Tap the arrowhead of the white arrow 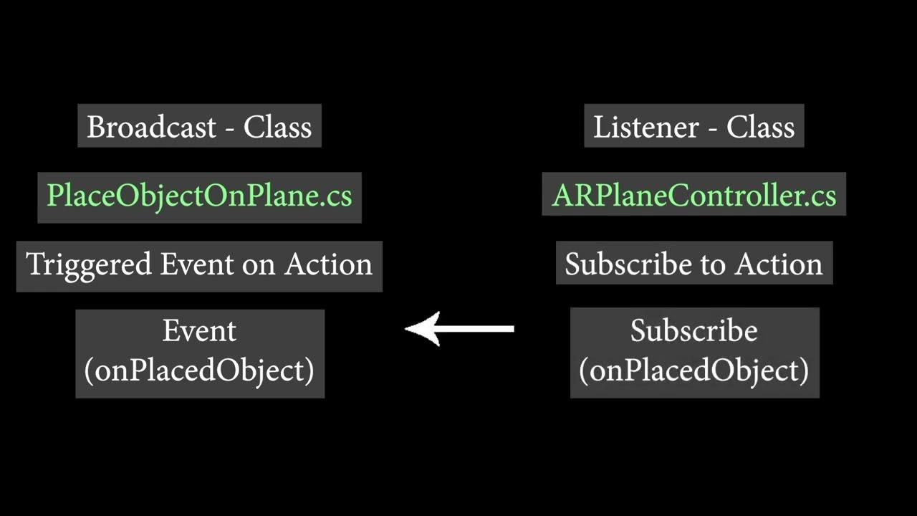423,329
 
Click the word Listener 645,127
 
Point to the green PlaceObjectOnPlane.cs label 199,196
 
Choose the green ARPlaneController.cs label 693,196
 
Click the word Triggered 89,264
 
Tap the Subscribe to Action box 693,264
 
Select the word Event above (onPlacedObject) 199,331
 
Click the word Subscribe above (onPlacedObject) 693,331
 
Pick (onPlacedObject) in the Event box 199,371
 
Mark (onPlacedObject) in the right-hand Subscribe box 693,371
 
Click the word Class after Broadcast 277,127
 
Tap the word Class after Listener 760,127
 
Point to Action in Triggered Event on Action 328,264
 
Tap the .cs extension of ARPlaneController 821,196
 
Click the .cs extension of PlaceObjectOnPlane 337,196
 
